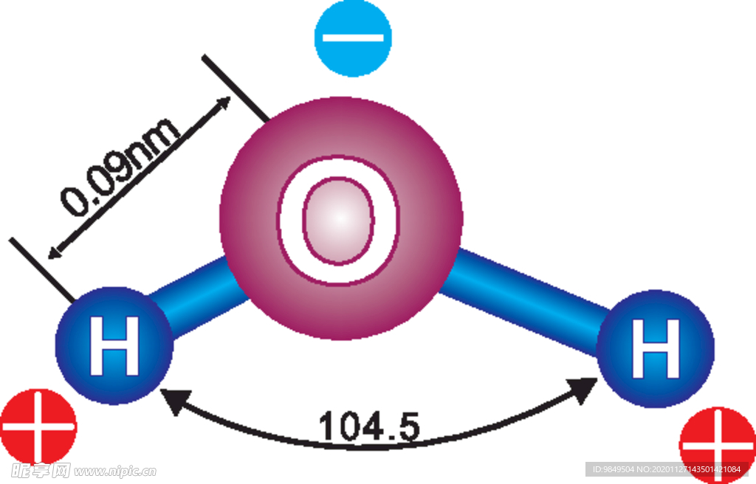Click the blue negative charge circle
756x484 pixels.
pyautogui.click(x=353, y=38)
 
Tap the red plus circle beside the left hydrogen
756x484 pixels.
pyautogui.click(x=38, y=427)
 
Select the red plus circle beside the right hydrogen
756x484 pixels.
pyautogui.click(x=718, y=444)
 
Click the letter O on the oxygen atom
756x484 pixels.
pyautogui.click(x=338, y=221)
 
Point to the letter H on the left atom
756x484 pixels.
pyautogui.click(x=114, y=345)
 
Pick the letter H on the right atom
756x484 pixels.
pyautogui.click(x=656, y=348)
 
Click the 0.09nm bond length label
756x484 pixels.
pyautogui.click(x=120, y=165)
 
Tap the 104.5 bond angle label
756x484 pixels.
pyautogui.click(x=369, y=426)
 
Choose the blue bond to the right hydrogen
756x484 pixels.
pyautogui.click(x=525, y=301)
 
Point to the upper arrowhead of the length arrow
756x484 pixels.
pyautogui.click(x=224, y=103)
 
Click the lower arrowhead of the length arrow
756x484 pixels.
pyautogui.click(x=54, y=252)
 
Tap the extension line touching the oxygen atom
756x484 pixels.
pyautogui.click(x=236, y=89)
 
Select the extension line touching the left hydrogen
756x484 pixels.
pyautogui.click(x=42, y=270)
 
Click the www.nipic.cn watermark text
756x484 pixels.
pyautogui.click(x=115, y=471)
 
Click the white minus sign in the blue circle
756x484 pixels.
pyautogui.click(x=353, y=38)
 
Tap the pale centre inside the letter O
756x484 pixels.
pyautogui.click(x=338, y=221)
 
